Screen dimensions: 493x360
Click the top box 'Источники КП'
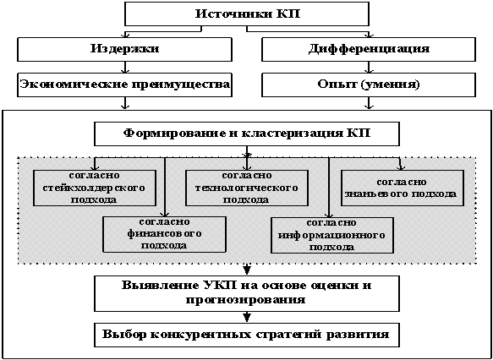247,14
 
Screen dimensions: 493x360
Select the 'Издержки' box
125,49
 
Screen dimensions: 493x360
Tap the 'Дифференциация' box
368,49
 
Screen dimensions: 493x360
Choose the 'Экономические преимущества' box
125,85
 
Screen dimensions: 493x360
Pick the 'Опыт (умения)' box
368,85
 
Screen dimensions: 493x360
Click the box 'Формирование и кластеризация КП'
247,134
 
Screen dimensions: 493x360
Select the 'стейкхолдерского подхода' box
95,188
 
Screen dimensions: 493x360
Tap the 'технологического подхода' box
247,188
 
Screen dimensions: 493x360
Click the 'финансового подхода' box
165,234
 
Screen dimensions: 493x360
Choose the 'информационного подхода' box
332,235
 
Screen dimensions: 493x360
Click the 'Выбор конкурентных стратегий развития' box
247,335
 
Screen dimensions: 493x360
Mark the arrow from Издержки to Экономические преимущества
125,67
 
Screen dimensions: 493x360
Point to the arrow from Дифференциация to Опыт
368,67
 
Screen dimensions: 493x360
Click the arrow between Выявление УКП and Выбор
247,317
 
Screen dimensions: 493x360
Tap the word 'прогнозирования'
245,300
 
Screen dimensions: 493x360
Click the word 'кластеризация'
292,134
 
